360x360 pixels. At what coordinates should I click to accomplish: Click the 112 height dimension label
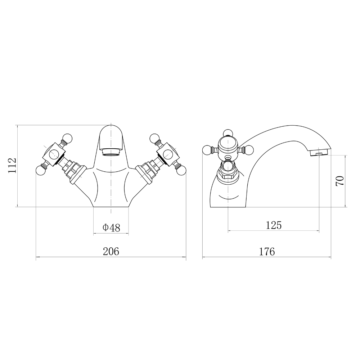point(12,166)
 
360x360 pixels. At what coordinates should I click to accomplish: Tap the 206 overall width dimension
point(111,251)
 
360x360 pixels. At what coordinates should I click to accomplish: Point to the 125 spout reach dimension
point(274,225)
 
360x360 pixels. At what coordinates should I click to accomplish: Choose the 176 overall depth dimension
point(267,251)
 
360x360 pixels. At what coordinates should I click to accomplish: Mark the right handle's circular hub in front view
point(168,153)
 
